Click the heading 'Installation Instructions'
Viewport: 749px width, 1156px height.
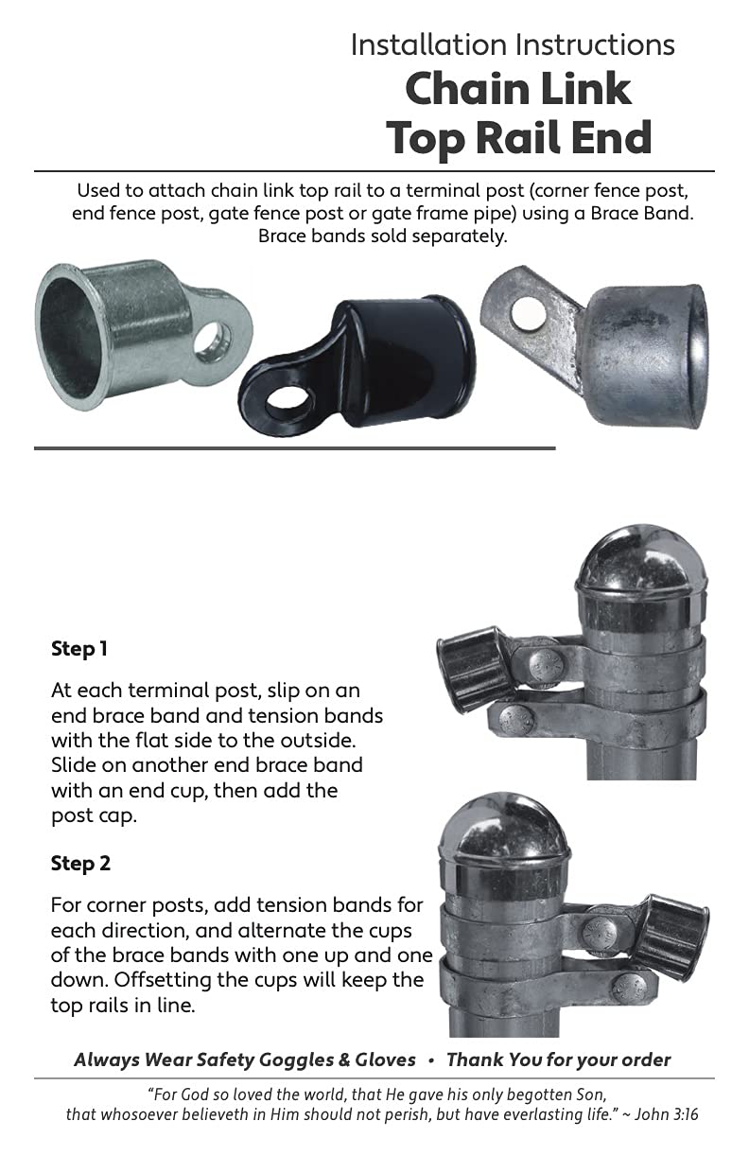tap(513, 44)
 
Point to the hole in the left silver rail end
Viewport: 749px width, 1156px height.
tap(212, 342)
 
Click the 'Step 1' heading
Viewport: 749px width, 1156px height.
tap(79, 649)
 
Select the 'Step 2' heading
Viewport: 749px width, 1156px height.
tap(80, 864)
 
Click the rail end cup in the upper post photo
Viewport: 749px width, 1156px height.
tap(473, 669)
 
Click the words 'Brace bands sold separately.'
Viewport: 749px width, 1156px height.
tap(382, 236)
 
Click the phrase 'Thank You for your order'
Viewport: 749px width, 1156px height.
tap(558, 1059)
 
